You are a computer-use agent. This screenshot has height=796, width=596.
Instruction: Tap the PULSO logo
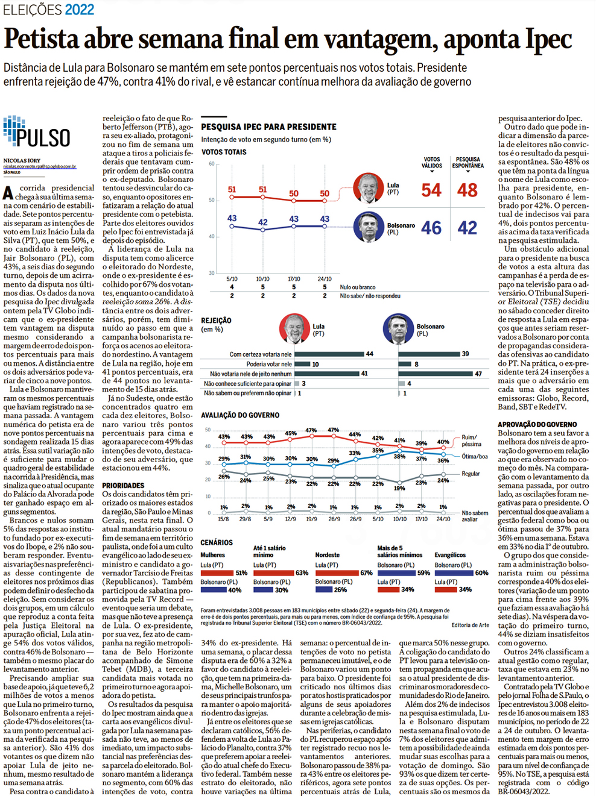point(37,134)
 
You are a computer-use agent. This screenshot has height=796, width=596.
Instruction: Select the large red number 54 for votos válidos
point(431,190)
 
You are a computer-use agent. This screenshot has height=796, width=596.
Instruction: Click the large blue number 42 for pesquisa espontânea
point(468,228)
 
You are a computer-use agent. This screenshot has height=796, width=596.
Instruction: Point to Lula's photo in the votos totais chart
point(367,187)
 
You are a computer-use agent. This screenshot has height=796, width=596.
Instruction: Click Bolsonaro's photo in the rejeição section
point(398,329)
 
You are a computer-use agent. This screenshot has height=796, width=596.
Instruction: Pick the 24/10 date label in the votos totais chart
point(325,279)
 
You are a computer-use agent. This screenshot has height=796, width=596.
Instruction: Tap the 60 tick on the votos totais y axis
point(212,164)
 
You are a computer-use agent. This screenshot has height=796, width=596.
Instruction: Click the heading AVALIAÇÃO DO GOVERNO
point(240,415)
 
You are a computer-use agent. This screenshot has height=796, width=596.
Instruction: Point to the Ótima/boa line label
point(475,456)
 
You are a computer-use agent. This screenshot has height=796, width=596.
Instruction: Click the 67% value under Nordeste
point(366,573)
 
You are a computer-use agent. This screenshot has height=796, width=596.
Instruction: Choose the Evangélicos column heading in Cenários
point(450,555)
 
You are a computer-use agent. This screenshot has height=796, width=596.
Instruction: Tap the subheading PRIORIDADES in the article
point(123,485)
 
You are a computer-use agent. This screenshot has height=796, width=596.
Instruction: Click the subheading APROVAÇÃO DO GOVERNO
point(537,424)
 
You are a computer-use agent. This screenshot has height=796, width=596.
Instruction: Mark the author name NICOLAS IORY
point(22,160)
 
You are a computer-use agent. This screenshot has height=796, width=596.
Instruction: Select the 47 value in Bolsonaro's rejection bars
point(478,374)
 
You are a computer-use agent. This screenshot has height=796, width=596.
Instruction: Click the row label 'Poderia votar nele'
point(269,364)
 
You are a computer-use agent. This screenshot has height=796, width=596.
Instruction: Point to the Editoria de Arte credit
point(471,625)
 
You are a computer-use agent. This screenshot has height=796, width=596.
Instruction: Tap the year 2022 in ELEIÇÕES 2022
point(80,10)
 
